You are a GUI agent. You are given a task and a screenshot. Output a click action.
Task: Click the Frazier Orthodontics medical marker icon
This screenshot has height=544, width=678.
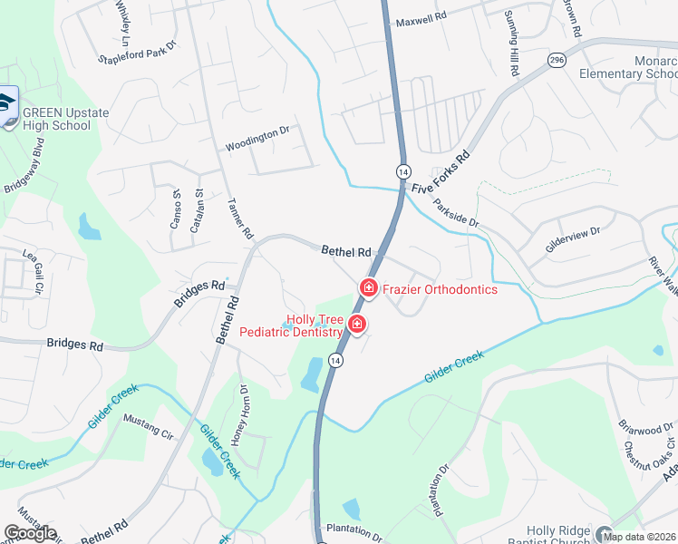tap(369, 288)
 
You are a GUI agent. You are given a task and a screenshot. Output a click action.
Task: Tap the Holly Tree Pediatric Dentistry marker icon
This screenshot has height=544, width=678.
tap(357, 324)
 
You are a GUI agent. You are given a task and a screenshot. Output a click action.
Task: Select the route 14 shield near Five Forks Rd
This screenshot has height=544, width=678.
tap(402, 170)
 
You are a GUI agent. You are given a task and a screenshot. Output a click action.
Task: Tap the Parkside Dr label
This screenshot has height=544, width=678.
tap(455, 214)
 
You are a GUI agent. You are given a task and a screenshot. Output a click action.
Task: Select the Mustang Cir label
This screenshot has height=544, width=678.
tap(148, 425)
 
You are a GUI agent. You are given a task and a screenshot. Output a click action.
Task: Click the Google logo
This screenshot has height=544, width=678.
tap(30, 533)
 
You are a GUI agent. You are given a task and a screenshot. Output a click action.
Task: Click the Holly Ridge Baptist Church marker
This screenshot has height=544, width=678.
tap(605, 533)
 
